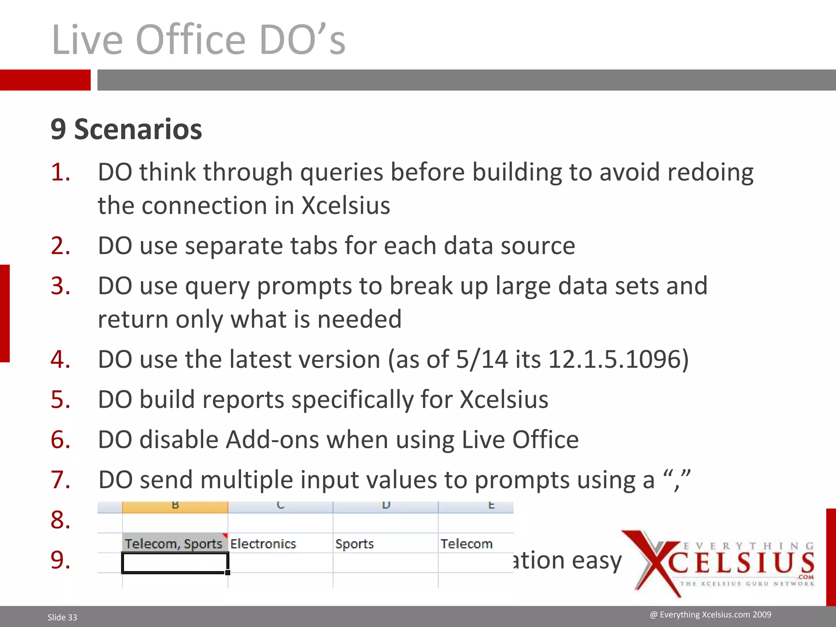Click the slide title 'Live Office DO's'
coord(199,40)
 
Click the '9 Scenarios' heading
coord(126,129)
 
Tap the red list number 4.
coord(60,360)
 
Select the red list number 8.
coord(60,520)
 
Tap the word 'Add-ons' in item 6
coord(273,440)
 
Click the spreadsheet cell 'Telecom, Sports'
coord(174,544)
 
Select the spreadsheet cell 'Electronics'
coord(263,544)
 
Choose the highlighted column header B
coord(175,507)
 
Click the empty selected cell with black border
coord(174,563)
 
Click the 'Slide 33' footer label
coord(62,617)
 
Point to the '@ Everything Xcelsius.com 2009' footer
coord(710,615)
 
